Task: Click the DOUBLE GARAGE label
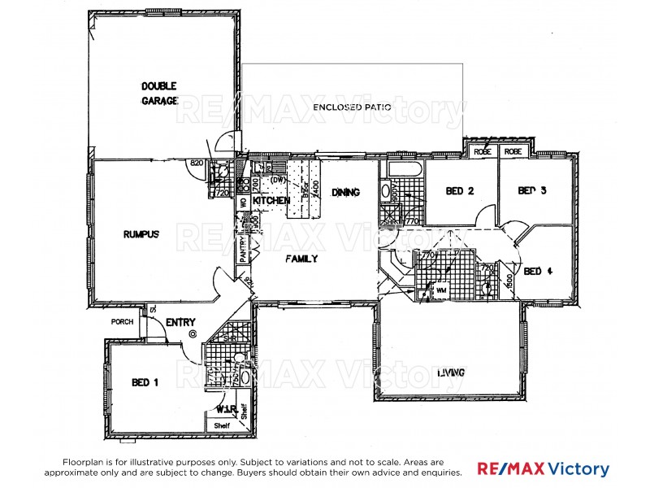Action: pos(158,93)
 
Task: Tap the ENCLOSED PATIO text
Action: pos(353,107)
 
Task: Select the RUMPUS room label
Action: pos(141,233)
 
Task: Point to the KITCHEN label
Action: pos(271,200)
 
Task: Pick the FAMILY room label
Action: pos(301,259)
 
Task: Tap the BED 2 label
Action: pos(460,191)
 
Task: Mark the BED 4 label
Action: pos(538,271)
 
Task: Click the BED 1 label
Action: pos(145,381)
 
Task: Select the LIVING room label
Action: pos(450,373)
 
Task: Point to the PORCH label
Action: pos(122,322)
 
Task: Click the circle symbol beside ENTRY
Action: pos(192,333)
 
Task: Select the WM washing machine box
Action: pos(441,290)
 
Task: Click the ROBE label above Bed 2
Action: pos(483,151)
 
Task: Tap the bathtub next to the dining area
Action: pos(404,171)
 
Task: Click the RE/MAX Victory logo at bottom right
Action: pos(542,469)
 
